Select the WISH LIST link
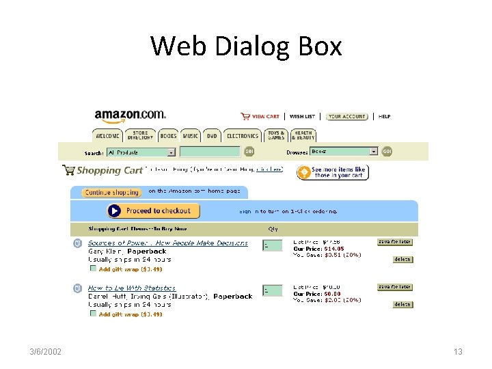[302, 117]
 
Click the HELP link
[385, 117]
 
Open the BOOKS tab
[169, 136]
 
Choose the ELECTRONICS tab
[243, 136]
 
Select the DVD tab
[212, 136]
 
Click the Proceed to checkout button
[153, 211]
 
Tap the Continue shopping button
[112, 193]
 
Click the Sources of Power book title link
[167, 243]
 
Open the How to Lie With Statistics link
[132, 288]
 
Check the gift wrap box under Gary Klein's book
[94, 269]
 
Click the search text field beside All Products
[210, 152]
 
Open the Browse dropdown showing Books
[344, 152]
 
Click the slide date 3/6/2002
[46, 352]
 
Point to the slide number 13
[458, 352]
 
